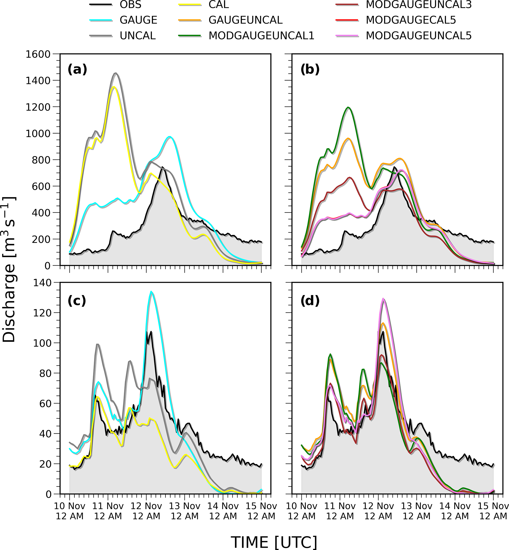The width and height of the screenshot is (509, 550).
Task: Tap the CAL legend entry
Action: [218, 5]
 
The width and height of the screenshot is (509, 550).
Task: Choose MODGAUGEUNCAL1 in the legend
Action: [261, 36]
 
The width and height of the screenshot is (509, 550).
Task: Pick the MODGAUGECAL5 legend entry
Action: [411, 20]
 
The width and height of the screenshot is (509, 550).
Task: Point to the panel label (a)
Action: [77, 70]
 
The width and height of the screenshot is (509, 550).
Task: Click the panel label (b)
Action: [310, 70]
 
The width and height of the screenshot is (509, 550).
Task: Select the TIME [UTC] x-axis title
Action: [274, 534]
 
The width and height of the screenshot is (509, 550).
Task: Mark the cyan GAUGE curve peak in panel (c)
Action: [151, 292]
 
